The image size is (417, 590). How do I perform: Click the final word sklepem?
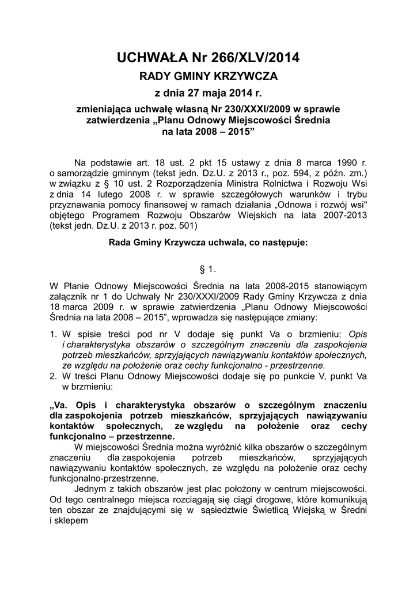coord(71,521)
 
